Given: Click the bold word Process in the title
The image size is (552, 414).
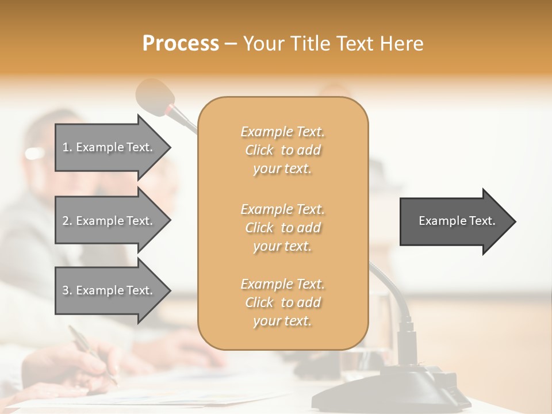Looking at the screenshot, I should pos(181,44).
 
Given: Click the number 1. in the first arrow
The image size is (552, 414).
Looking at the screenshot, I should pos(67,147).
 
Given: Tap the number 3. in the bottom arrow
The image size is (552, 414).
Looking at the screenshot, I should pos(67,290).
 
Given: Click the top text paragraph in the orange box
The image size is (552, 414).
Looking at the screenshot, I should pos(282,150).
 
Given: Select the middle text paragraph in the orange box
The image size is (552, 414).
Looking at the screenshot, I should pos(282,228).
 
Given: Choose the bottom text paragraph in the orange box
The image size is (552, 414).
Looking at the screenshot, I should pos(282,302).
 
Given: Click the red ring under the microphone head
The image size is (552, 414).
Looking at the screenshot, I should pos(171,109).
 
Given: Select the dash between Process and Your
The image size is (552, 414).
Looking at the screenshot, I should pos(231,44).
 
